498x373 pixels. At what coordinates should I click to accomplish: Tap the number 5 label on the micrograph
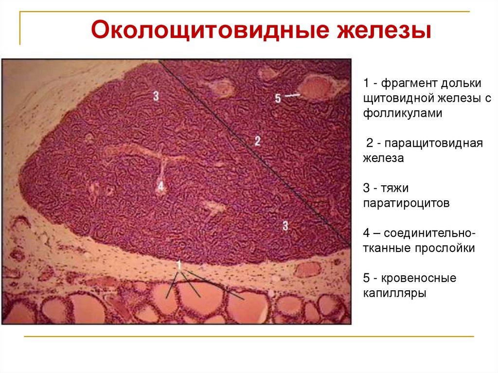click(278, 98)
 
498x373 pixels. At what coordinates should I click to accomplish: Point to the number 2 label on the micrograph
click(257, 141)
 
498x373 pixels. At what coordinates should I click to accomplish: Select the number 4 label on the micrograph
click(160, 186)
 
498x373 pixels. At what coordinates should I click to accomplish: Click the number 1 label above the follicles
click(179, 265)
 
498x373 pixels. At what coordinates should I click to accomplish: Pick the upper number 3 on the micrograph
click(156, 96)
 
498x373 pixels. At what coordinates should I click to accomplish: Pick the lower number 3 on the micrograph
click(286, 225)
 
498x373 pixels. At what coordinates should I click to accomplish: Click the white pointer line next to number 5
click(292, 96)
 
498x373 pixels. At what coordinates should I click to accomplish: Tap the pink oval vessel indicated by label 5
click(317, 88)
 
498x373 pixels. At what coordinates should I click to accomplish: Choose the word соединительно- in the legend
click(430, 232)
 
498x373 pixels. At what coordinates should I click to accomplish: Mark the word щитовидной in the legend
click(394, 99)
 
